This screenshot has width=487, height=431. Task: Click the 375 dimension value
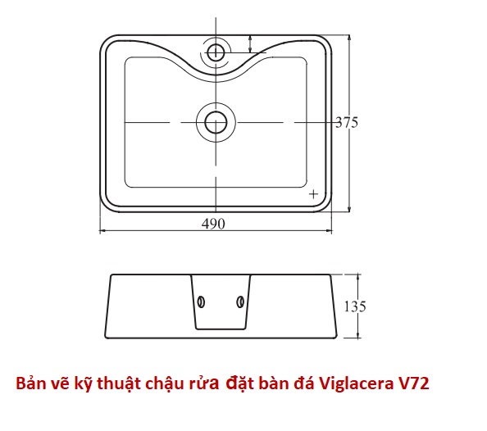347,122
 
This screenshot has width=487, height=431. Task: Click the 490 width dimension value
213,224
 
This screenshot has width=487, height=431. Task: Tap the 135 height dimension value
355,306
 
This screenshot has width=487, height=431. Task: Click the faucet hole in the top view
216,52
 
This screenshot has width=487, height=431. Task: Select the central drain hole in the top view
216,122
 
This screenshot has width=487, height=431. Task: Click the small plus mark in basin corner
314,194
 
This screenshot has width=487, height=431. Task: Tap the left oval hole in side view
201,302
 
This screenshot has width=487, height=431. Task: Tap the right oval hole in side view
240,302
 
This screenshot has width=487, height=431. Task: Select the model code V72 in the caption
414,383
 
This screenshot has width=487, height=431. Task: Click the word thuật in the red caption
120,383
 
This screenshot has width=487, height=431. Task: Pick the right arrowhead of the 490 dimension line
329,231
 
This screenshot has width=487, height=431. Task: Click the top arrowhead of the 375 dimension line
349,39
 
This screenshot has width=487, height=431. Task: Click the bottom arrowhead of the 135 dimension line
358,334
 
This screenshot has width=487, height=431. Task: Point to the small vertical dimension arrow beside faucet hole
250,44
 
